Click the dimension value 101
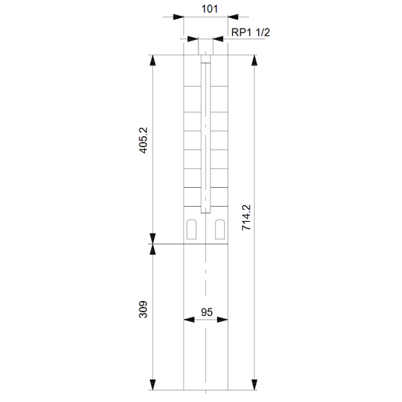tap(210, 9)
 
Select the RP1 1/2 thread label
tap(250, 32)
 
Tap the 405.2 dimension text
tap(143, 140)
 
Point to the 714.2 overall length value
tap(247, 217)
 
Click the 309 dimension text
tap(143, 309)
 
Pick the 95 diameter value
tap(207, 312)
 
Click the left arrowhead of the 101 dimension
tap(179, 17)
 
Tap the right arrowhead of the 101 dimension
tap(233, 17)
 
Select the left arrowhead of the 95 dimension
tap(189, 320)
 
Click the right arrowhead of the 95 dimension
tap(222, 320)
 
